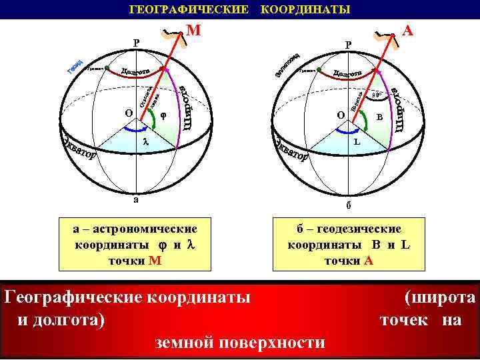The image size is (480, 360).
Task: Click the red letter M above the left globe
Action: (x=193, y=31)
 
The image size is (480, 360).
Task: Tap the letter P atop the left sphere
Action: (x=137, y=43)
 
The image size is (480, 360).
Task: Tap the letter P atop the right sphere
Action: (x=348, y=45)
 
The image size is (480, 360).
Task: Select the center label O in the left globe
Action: (x=128, y=113)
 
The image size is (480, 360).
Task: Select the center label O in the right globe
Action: (x=341, y=115)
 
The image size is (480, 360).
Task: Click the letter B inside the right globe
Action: (x=379, y=117)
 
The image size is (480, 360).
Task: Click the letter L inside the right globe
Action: (x=357, y=142)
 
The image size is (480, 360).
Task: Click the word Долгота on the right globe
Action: (x=348, y=72)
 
